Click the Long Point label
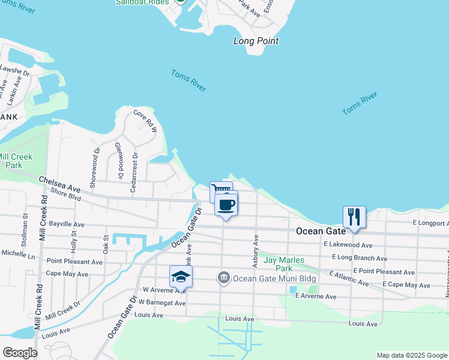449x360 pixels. (256, 41)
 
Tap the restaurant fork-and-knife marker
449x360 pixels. (354, 217)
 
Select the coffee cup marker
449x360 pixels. (226, 205)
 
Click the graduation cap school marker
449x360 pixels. (181, 276)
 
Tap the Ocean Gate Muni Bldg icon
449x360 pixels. (223, 277)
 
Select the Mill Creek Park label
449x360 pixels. (16, 160)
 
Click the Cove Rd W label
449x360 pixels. (145, 121)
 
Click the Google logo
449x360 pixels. (20, 353)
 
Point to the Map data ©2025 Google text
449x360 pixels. (411, 355)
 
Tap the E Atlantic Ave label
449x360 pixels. (349, 278)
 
